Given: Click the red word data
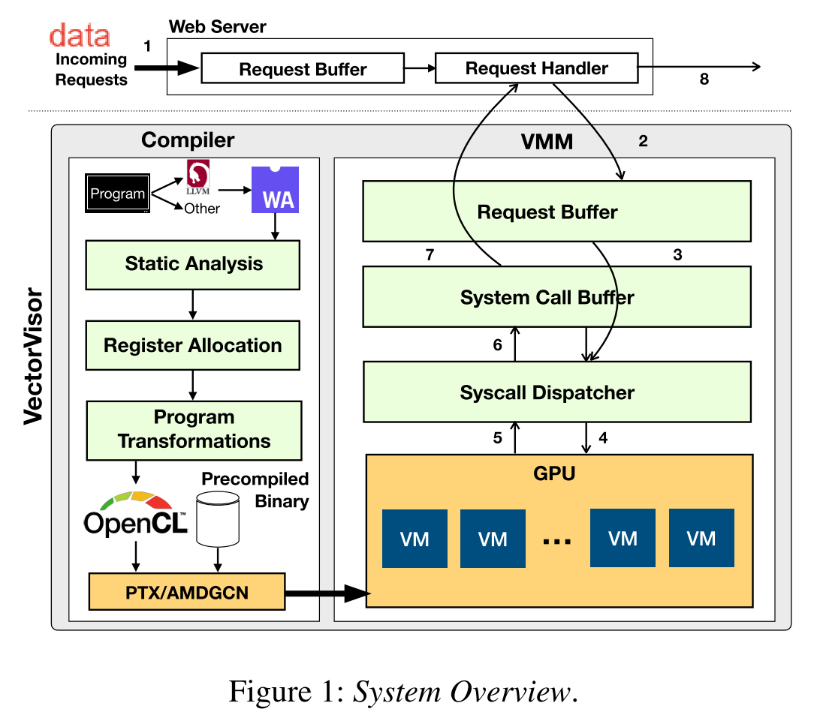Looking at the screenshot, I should pyautogui.click(x=80, y=35).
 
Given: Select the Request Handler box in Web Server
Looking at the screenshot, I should pyautogui.click(x=536, y=69).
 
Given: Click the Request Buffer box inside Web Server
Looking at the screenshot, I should pyautogui.click(x=303, y=70).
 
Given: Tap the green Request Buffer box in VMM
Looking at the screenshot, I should pyautogui.click(x=556, y=212).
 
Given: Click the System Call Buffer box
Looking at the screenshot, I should pyautogui.click(x=556, y=297).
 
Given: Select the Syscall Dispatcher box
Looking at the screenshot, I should pyautogui.click(x=556, y=392).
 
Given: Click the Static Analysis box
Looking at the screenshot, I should pyautogui.click(x=193, y=264).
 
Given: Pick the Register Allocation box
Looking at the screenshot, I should pyautogui.click(x=193, y=346).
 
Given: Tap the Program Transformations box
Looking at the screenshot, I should pyautogui.click(x=194, y=429).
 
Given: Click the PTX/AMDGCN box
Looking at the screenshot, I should pyautogui.click(x=187, y=593).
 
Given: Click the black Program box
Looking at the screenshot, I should pyautogui.click(x=117, y=194).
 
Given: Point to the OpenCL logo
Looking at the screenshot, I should pyautogui.click(x=135, y=514).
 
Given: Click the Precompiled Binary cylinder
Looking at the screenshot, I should pyautogui.click(x=218, y=518).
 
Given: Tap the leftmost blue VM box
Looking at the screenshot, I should pyautogui.click(x=415, y=538).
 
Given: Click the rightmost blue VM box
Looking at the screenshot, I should pyautogui.click(x=701, y=538).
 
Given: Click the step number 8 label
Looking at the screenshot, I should pyautogui.click(x=704, y=79).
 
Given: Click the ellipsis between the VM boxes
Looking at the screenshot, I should pyautogui.click(x=556, y=539).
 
